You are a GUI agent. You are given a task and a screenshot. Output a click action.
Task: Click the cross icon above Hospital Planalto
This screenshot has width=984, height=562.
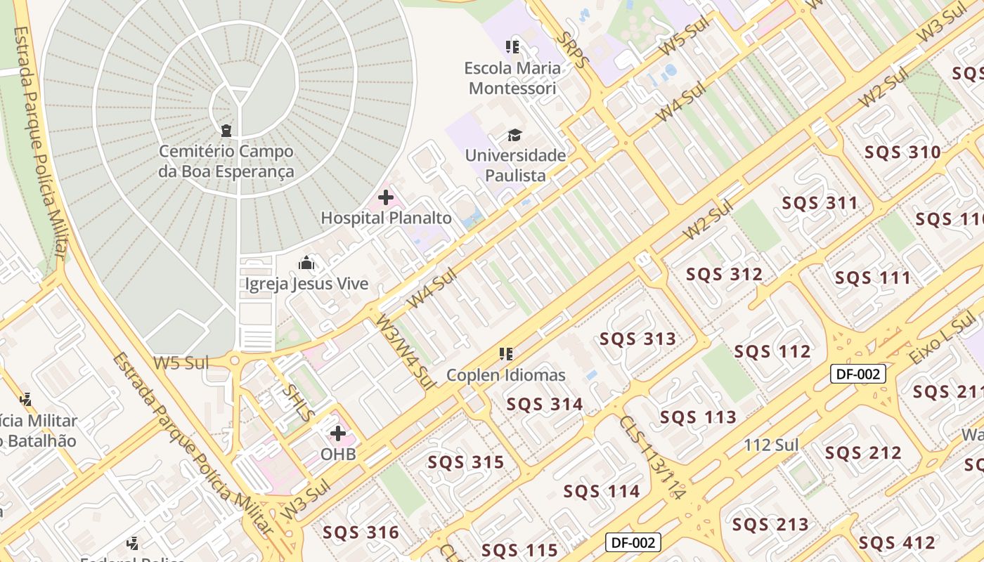[x=386, y=197]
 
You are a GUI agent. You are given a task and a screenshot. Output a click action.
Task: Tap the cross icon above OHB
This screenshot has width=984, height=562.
[x=338, y=433]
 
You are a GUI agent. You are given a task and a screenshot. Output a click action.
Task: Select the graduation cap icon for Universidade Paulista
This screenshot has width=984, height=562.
[x=515, y=134]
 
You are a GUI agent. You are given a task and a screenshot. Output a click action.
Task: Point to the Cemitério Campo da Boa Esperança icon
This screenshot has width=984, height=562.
[x=226, y=130]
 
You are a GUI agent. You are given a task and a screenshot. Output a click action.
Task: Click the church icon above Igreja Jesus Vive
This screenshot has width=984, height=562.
[x=306, y=263]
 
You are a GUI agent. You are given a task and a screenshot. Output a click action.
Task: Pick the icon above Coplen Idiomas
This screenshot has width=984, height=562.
[x=505, y=354]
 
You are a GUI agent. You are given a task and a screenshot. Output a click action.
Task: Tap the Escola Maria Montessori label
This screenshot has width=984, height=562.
[x=512, y=78]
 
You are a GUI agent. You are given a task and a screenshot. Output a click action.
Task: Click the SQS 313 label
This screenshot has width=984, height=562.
[x=637, y=339]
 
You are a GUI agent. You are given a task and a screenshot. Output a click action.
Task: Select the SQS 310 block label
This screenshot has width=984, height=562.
[x=902, y=152]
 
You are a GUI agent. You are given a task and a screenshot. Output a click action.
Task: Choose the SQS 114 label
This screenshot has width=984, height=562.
[x=602, y=491]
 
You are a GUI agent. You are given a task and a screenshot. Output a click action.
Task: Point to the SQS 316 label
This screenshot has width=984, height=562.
[x=361, y=532]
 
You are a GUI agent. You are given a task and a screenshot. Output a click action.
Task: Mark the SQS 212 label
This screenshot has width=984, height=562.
[x=863, y=453]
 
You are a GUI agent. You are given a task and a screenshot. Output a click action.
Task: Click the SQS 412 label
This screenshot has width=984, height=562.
[x=897, y=542]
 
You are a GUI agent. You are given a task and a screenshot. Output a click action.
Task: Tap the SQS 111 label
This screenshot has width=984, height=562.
[x=873, y=278]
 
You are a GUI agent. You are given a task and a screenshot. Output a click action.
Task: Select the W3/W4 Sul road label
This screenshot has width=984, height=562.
[x=406, y=351]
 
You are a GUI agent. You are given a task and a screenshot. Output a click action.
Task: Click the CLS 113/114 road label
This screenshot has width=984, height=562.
[x=652, y=457]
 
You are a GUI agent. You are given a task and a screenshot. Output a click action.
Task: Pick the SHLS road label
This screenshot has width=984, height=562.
[x=298, y=402]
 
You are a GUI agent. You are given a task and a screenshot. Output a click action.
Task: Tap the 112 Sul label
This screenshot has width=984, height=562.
[x=771, y=445]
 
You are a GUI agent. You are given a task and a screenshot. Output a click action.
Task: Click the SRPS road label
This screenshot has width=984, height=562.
[x=570, y=49]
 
